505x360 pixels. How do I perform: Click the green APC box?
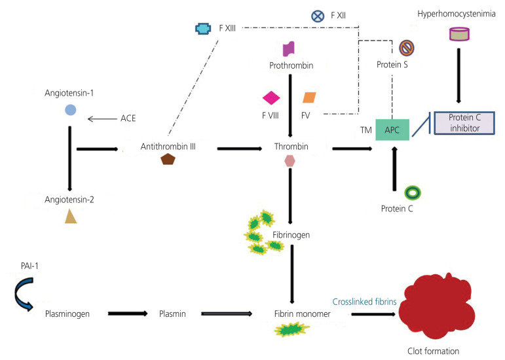(x=392, y=130)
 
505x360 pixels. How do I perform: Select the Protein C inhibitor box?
(x=464, y=123)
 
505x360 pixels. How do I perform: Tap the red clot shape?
(x=437, y=306)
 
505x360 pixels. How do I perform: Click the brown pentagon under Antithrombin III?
(x=168, y=159)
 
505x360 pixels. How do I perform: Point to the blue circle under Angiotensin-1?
(x=71, y=110)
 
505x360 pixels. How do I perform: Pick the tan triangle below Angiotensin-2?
(x=71, y=216)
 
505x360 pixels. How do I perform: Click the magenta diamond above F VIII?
(x=271, y=98)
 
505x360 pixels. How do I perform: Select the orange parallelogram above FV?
(x=310, y=98)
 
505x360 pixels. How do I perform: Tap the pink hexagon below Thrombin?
(x=290, y=161)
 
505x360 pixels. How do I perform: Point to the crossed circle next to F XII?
(x=318, y=16)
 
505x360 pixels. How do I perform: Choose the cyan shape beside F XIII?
(x=203, y=29)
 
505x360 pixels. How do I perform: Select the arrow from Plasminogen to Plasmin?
(x=128, y=314)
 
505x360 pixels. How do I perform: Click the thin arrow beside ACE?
(x=102, y=119)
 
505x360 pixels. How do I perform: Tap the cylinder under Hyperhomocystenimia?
(x=459, y=34)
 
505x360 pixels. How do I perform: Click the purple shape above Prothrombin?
(x=289, y=49)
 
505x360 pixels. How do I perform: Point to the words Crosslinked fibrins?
(x=364, y=302)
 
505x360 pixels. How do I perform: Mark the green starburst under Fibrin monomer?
(x=291, y=330)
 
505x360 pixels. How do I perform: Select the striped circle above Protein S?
(x=407, y=48)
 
